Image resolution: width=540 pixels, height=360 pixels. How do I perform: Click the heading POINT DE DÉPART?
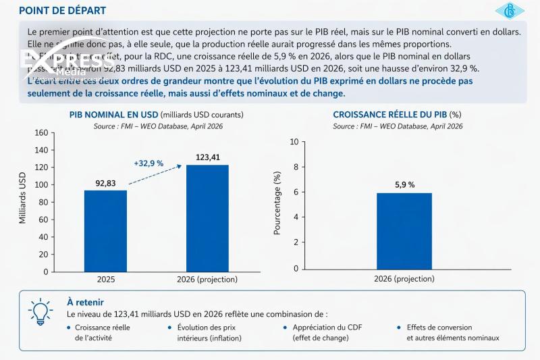62,11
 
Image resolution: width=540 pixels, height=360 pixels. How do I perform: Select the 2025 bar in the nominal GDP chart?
105,231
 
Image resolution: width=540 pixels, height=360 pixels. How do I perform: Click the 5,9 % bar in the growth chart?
404,231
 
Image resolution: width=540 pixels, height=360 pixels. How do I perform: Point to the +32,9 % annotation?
148,163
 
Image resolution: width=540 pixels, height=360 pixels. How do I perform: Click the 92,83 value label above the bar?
105,182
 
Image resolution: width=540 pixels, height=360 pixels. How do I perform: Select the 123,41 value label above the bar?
207,157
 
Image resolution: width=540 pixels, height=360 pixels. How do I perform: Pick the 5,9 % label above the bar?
404,184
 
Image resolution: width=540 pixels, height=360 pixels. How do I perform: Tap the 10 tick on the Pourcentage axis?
293,142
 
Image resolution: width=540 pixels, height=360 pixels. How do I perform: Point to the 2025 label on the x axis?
105,279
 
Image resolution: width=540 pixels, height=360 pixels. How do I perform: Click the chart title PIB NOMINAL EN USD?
115,115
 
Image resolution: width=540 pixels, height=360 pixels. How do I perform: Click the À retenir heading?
85,302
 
